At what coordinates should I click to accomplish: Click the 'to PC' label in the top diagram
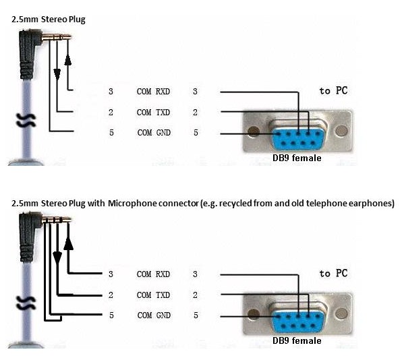click(334, 91)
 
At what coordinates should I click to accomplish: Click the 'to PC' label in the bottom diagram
click(334, 274)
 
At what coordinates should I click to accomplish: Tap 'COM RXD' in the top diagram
click(153, 92)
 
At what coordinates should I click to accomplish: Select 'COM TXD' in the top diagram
click(153, 112)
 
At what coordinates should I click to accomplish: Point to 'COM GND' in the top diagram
click(154, 132)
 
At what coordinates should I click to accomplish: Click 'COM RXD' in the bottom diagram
click(153, 274)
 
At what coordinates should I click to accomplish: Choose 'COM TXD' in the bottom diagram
click(153, 295)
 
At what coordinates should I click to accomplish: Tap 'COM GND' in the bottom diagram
click(154, 315)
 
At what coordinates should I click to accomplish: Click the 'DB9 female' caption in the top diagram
click(297, 158)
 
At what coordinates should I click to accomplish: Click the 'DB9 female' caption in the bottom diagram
click(297, 340)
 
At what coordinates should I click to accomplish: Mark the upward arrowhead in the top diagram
click(68, 60)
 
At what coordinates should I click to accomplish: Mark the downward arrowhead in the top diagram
click(57, 74)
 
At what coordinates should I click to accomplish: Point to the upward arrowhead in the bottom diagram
click(68, 243)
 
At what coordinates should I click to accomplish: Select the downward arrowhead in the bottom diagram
click(57, 258)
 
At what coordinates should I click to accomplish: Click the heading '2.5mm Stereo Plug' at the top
click(48, 20)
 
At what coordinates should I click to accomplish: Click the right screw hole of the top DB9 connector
click(341, 131)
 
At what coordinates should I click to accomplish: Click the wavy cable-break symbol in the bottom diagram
click(26, 303)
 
